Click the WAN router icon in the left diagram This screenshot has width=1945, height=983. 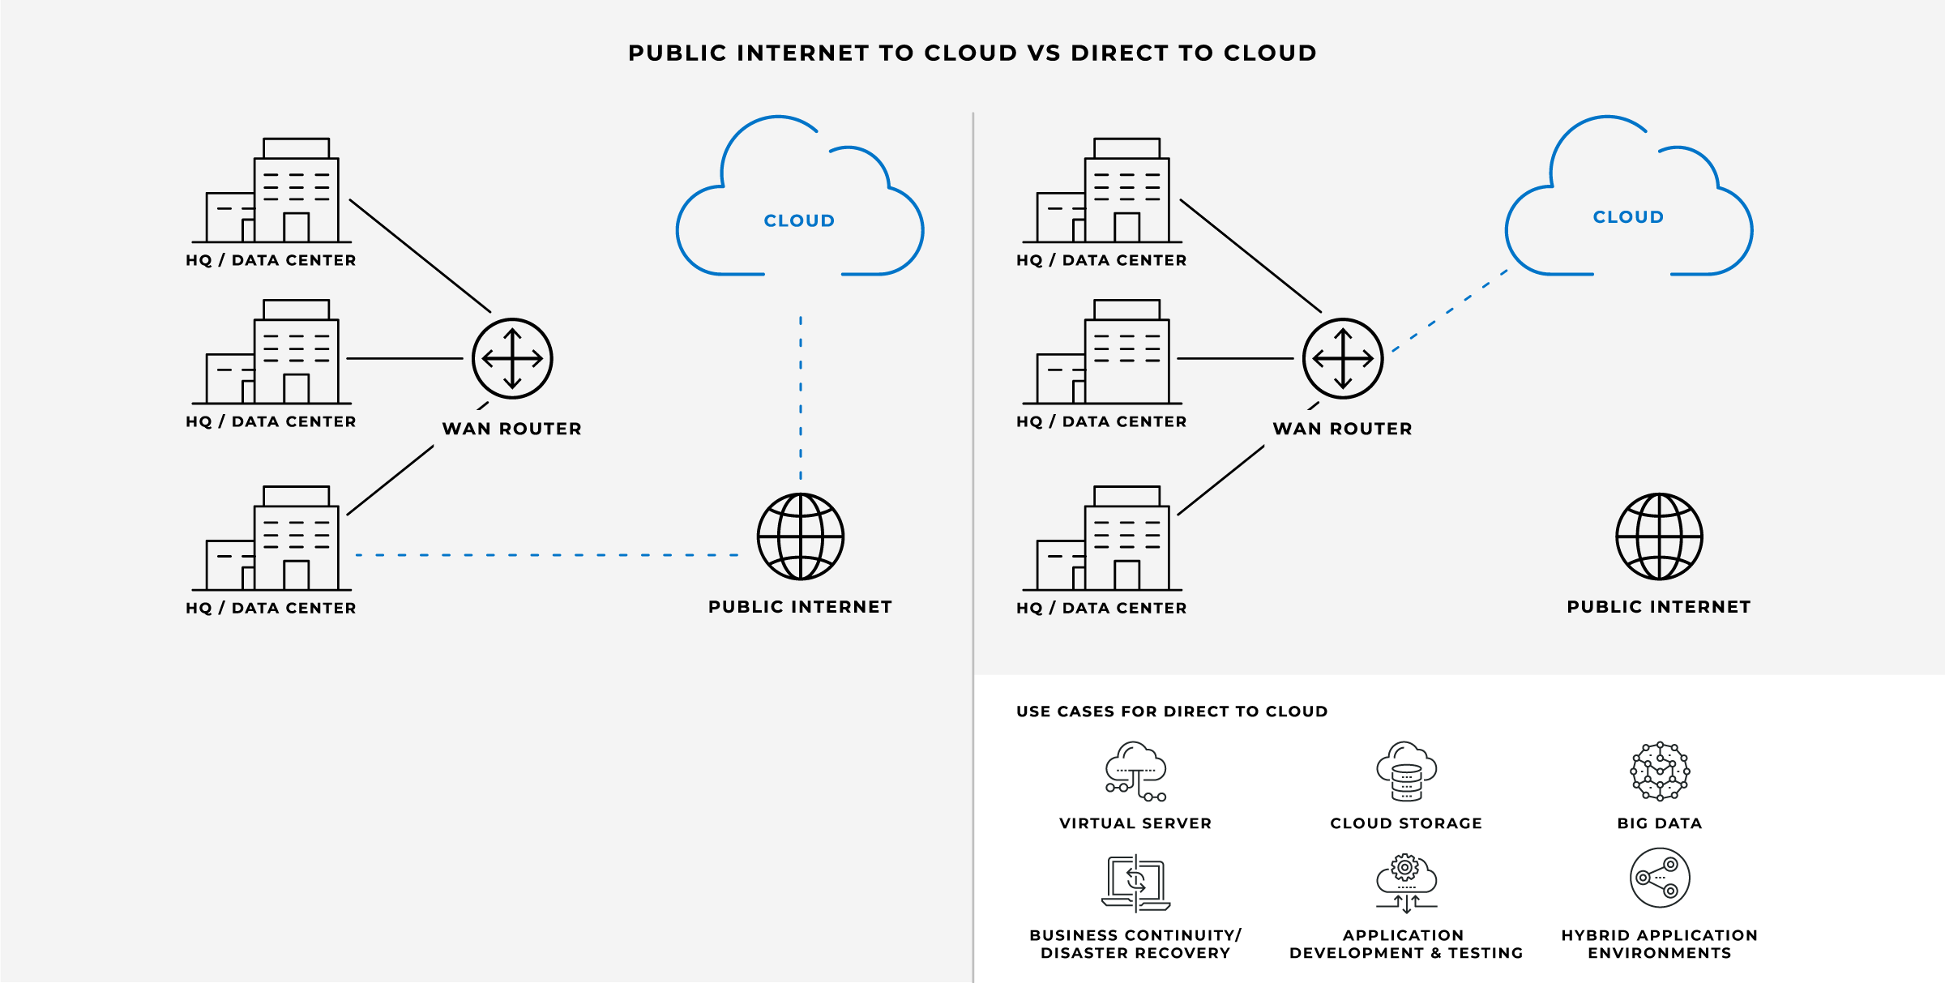point(512,358)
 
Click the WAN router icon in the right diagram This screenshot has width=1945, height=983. point(1343,358)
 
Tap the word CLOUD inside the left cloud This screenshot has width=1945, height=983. point(799,220)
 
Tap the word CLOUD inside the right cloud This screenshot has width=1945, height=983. point(1628,217)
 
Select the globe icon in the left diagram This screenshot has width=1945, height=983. point(801,536)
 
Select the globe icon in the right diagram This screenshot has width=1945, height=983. point(1659,536)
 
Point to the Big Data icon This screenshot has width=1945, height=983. point(1660,771)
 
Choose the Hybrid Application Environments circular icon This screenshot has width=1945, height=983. point(1660,878)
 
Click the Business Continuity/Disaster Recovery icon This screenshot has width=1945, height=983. point(1135,883)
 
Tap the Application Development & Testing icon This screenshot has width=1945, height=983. point(1406,883)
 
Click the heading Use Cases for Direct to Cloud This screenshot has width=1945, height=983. point(1172,712)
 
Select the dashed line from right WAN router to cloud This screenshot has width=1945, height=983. point(1450,311)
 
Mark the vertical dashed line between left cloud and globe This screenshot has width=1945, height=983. point(801,397)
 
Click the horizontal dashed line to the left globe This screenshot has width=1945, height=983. point(547,555)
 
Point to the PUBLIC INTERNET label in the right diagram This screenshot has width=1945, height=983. point(1659,607)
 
